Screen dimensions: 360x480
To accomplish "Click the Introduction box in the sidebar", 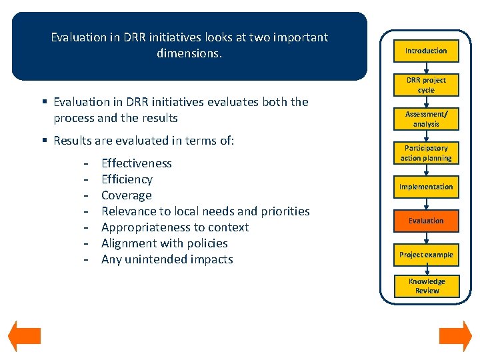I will coord(426,51).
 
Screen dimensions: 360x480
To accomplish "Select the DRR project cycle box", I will coord(426,85).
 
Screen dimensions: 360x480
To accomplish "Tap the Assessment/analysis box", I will coord(426,119).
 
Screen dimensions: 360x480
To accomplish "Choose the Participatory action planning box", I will coord(426,153).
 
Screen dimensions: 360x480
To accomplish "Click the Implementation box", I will coord(426,187).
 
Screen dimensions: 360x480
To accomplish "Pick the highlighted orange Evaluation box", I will coord(426,221).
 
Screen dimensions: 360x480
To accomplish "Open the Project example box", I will coord(426,255).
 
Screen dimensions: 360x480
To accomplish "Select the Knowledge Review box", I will coord(427,286).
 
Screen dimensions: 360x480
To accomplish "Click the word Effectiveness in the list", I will coord(136,163).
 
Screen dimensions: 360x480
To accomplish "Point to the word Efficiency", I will coord(127,179).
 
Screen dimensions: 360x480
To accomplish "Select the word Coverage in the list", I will coord(126,195).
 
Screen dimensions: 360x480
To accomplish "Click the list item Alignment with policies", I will coord(164,243).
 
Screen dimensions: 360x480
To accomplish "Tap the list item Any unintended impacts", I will coord(167,259).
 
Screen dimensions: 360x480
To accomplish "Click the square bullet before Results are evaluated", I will coord(44,141).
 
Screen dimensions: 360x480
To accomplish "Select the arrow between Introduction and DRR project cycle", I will coord(426,67).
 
